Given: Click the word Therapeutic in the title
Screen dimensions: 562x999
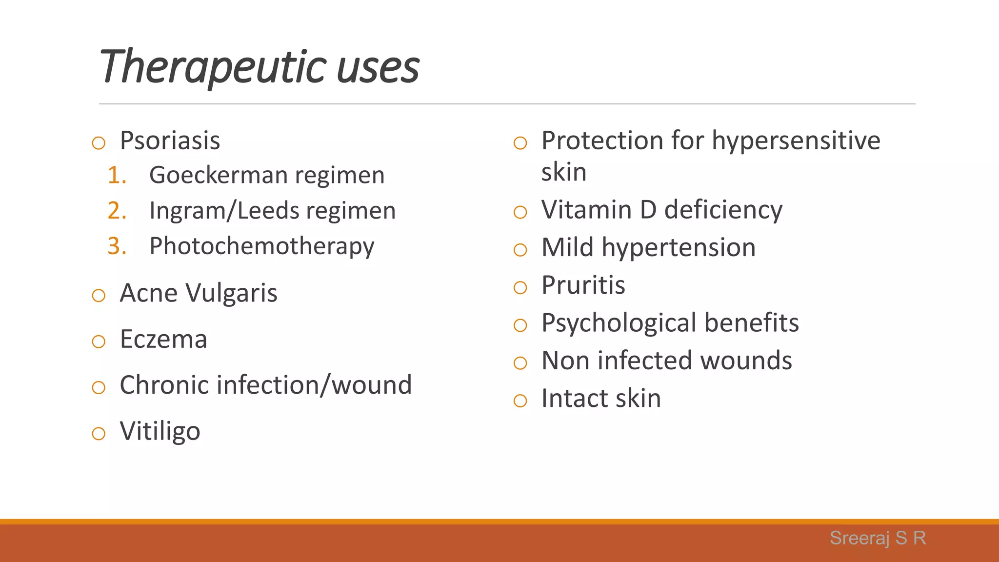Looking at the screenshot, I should [x=213, y=67].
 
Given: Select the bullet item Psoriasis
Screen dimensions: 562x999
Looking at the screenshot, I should [x=170, y=140].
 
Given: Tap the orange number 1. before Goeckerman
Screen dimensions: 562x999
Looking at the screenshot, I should [x=117, y=175].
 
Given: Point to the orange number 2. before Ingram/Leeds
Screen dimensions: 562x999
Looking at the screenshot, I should [x=117, y=211].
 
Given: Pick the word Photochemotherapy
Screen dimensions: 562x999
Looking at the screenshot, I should [x=261, y=246].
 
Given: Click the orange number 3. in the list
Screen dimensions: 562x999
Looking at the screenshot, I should [x=117, y=246].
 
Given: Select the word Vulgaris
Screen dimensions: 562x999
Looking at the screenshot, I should [x=231, y=293].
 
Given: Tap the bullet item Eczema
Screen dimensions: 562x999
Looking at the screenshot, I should [x=163, y=339].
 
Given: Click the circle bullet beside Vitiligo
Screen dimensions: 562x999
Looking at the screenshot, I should [x=99, y=433].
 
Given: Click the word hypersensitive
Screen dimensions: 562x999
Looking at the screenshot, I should [x=796, y=141].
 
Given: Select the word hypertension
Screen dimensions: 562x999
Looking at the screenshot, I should [x=679, y=247].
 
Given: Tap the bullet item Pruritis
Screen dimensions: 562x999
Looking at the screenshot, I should [x=583, y=285].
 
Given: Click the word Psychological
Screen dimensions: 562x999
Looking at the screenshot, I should [x=619, y=323].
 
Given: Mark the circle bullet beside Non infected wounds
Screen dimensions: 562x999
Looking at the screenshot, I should [x=520, y=362].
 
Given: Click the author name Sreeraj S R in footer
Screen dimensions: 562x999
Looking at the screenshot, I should [x=878, y=538].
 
